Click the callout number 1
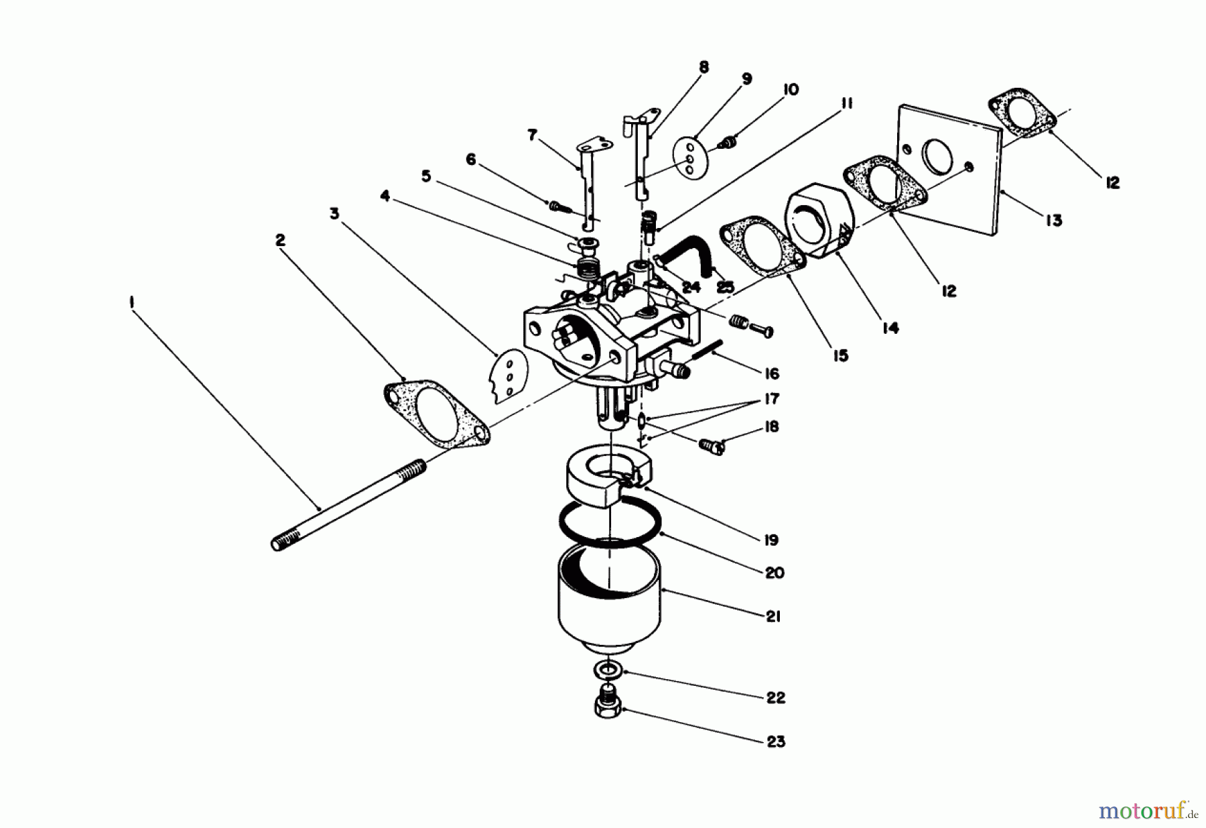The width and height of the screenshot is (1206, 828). pos(131,303)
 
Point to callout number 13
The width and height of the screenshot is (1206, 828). pos(1054,220)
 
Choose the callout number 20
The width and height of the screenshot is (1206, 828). pos(774,573)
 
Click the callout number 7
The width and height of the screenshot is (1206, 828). pos(533,135)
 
